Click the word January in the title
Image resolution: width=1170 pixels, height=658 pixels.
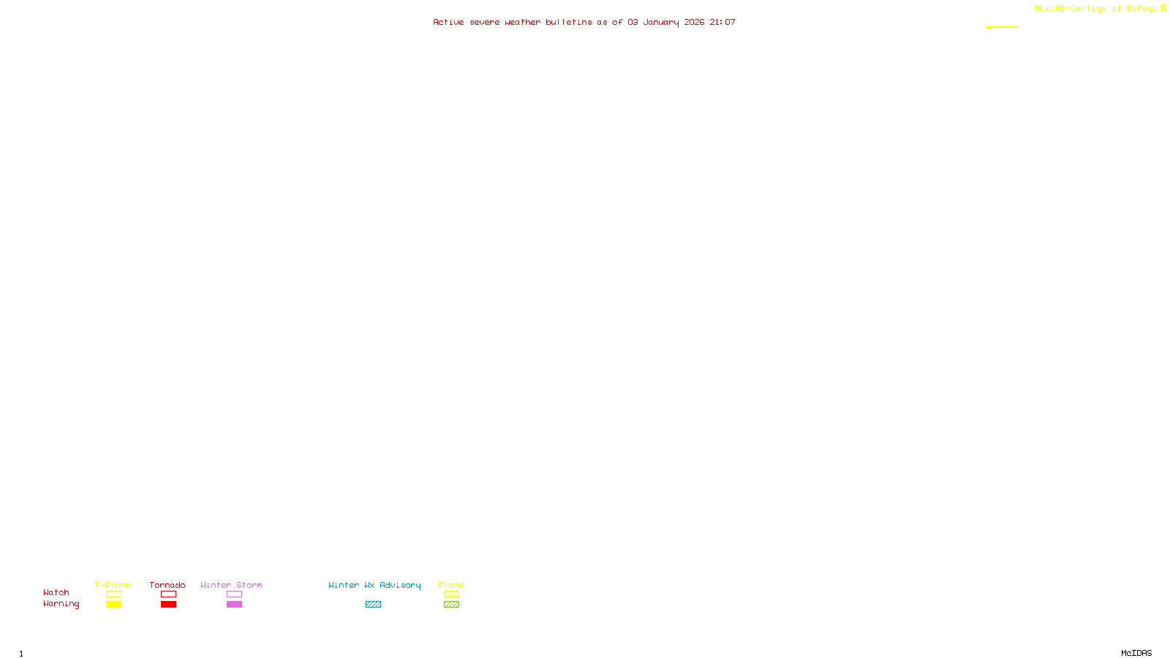[660, 22]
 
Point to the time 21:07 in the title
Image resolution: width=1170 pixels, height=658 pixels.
[722, 22]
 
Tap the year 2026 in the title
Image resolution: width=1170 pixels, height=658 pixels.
[694, 22]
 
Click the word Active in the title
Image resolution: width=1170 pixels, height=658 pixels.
[448, 22]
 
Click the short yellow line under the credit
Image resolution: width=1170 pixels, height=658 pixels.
[1002, 27]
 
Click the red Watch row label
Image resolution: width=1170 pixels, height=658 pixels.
[56, 592]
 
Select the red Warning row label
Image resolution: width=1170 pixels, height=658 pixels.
[61, 604]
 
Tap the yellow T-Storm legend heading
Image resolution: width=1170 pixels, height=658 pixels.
[113, 585]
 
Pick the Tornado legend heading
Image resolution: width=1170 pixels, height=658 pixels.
[167, 585]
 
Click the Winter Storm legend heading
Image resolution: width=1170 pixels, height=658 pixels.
[231, 585]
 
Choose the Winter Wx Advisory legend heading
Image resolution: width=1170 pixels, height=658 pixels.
[374, 585]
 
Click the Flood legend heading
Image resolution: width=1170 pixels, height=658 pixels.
[451, 585]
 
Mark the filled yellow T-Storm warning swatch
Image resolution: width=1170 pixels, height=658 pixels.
[113, 605]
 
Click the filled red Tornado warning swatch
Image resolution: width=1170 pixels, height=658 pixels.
[168, 605]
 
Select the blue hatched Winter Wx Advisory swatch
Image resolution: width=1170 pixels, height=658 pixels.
[373, 605]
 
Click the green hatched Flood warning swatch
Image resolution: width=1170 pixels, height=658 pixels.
[451, 605]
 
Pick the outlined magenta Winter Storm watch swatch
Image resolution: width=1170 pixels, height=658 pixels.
[234, 594]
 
